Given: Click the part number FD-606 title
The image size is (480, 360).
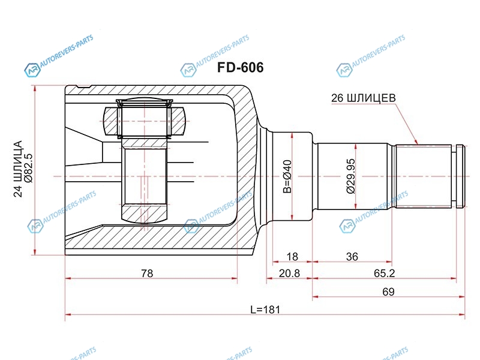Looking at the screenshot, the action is coord(241,67).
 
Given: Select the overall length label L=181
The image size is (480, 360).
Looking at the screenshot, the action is coord(265,310).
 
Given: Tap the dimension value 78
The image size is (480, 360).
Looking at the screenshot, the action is coord(147,273).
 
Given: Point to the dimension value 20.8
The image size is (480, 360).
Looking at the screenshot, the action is coord(289,273).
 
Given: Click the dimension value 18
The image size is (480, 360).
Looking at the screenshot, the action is coord(292,257).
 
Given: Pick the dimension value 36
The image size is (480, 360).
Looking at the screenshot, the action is coord(352,257).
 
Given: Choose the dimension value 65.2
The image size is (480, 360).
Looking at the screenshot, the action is coord(384,273).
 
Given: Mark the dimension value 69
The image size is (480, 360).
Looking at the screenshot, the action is coord(388,292).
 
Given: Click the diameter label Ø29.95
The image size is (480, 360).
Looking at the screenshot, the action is coord(351,176).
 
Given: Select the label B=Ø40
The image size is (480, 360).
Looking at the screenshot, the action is coord(287,176).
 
